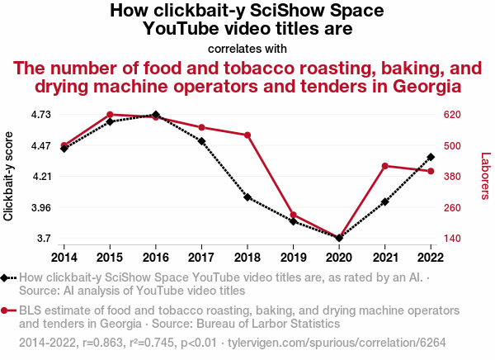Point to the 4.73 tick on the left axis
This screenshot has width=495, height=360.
pyautogui.click(x=39, y=115)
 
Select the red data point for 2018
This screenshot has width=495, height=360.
pyautogui.click(x=247, y=135)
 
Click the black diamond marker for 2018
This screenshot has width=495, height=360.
pyautogui.click(x=247, y=197)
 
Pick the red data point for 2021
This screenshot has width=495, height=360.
pyautogui.click(x=385, y=166)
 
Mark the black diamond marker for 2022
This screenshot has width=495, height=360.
pyautogui.click(x=431, y=156)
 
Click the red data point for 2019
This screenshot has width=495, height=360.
pyautogui.click(x=294, y=216)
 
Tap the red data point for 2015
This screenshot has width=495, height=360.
pyautogui.click(x=110, y=115)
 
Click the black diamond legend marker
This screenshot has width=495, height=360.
pyautogui.click(x=7, y=278)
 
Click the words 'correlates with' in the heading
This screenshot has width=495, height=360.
pyautogui.click(x=247, y=48)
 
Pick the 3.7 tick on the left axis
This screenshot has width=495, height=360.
pyautogui.click(x=41, y=239)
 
